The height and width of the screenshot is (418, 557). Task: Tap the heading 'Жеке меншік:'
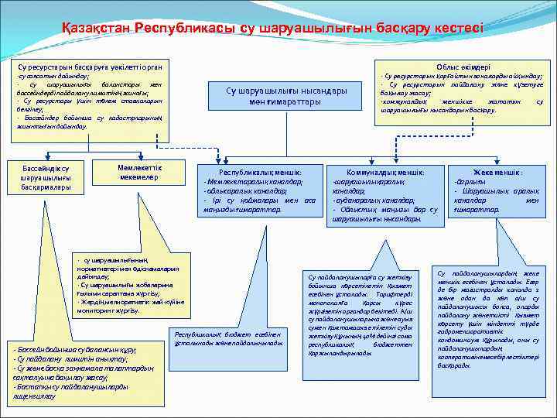(497, 171)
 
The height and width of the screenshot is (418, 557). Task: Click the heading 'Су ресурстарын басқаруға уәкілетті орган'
(84, 68)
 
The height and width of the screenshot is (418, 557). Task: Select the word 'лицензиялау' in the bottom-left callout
(35, 395)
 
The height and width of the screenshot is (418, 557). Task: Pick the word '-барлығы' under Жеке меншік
(466, 181)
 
